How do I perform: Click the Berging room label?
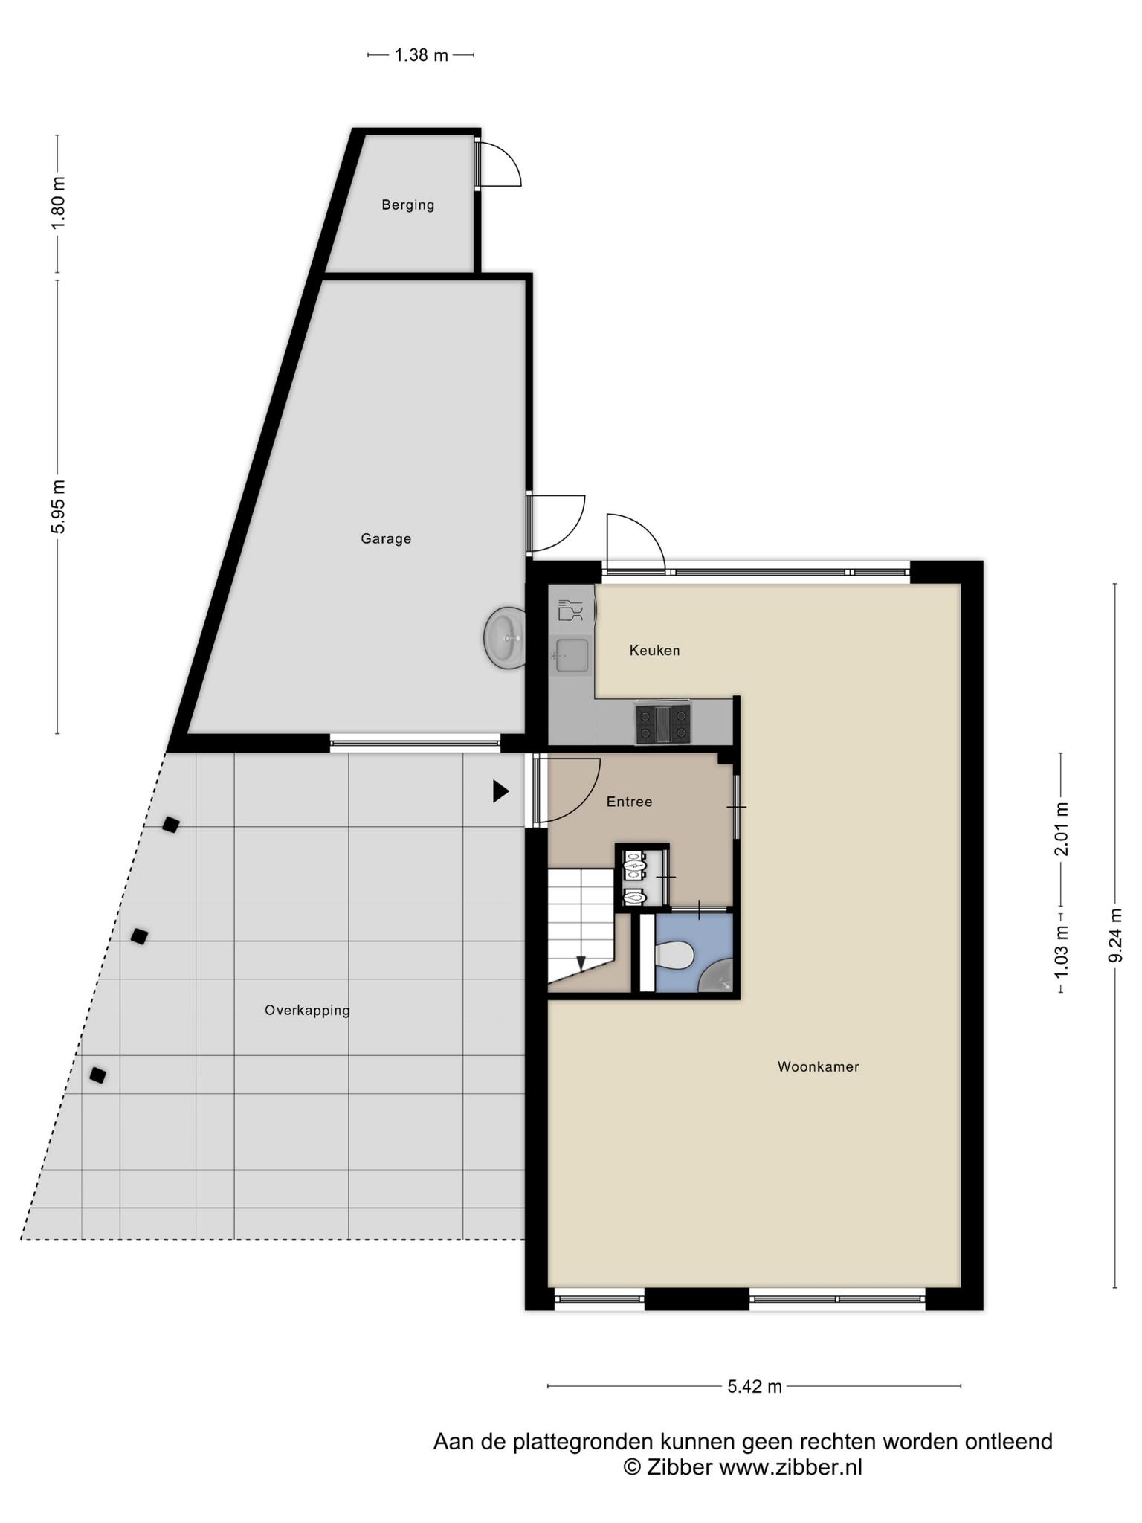[407, 205]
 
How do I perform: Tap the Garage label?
[386, 538]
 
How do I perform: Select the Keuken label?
[654, 650]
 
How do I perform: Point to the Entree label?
[629, 802]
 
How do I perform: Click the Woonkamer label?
[818, 1066]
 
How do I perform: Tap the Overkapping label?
[307, 1011]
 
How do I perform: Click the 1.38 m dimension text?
[421, 55]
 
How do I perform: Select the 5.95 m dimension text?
[59, 506]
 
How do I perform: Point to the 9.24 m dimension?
[1115, 936]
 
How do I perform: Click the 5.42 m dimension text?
[754, 1386]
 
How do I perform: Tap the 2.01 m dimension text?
[1062, 828]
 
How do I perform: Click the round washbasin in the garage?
[504, 637]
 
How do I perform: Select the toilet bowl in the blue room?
[674, 955]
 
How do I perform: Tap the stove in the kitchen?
[662, 724]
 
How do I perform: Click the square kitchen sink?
[572, 655]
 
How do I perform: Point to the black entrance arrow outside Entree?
[500, 791]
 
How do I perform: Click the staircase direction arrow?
[581, 962]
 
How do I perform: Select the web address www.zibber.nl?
[790, 1466]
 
